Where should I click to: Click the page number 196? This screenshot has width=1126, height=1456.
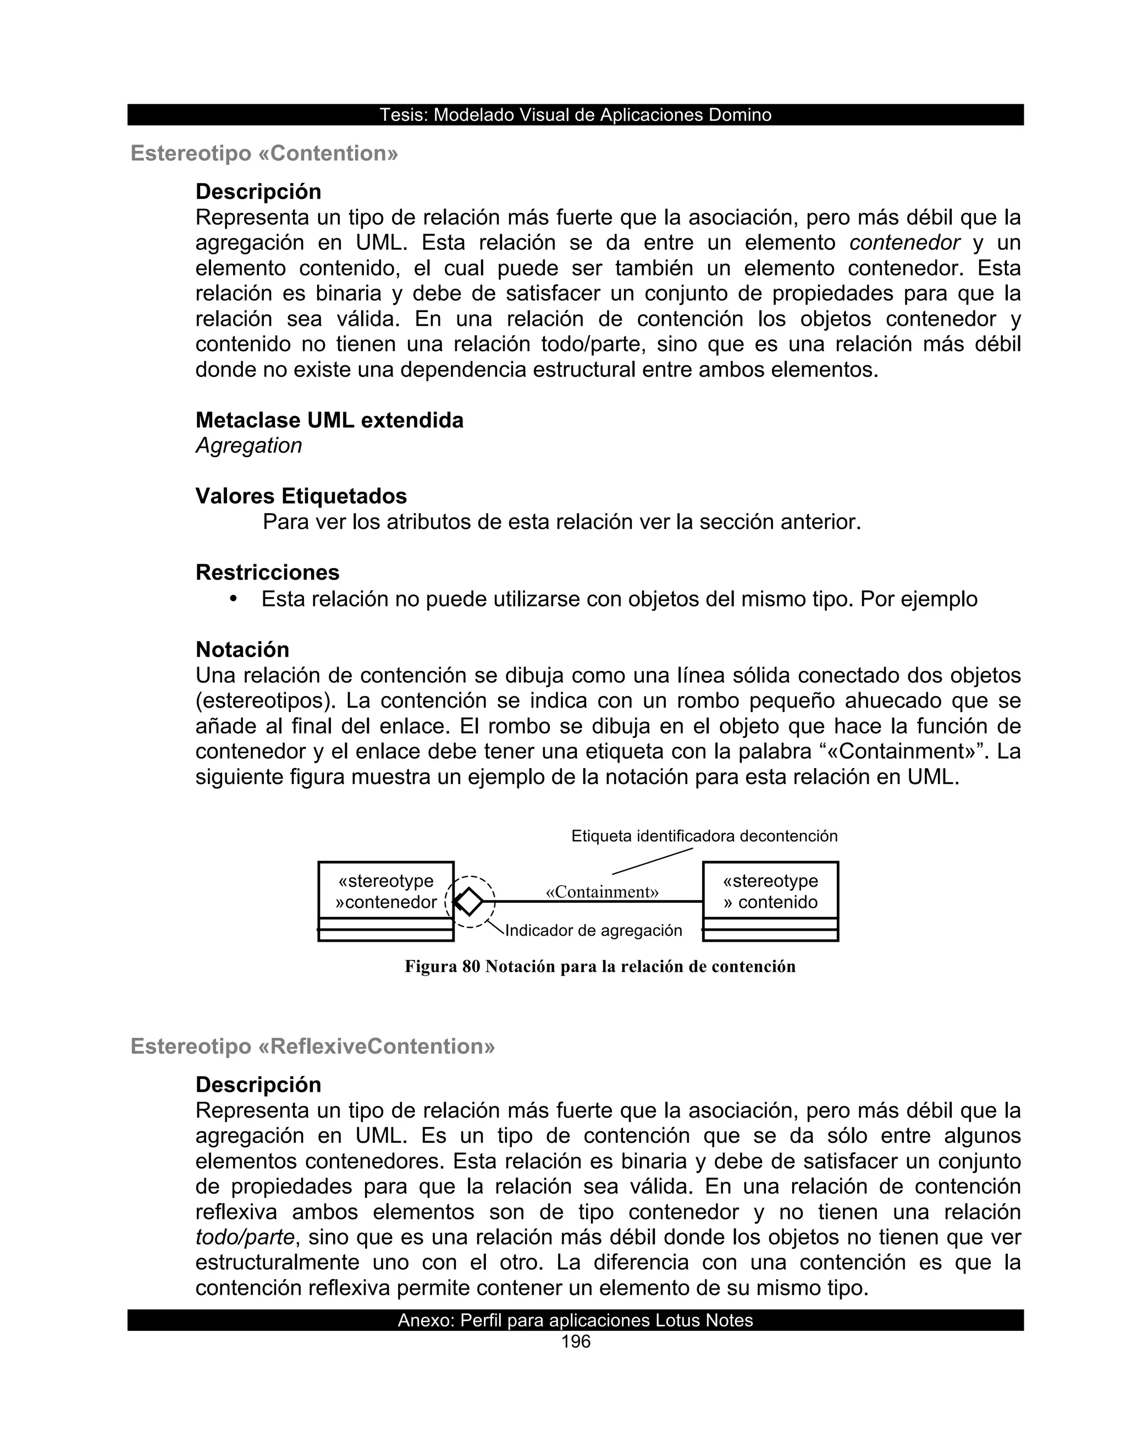click(x=576, y=1342)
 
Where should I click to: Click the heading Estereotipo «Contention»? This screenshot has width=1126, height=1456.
click(x=264, y=153)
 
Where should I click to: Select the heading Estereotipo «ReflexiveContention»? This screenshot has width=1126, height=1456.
click(x=313, y=1046)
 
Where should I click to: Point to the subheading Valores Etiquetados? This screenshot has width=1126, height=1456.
click(x=301, y=496)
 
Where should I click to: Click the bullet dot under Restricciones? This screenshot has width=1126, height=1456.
click(x=233, y=599)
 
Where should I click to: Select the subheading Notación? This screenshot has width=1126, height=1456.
click(x=242, y=649)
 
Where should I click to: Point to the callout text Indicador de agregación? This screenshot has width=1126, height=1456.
click(x=593, y=931)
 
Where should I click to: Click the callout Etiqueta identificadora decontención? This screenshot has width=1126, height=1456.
click(x=704, y=836)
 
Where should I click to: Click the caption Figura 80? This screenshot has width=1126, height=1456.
click(x=600, y=966)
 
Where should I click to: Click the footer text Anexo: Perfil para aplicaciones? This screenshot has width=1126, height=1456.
click(x=575, y=1321)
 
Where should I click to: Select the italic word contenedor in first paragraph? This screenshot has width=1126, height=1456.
click(x=904, y=243)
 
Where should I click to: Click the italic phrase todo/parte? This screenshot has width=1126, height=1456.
click(x=245, y=1237)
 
